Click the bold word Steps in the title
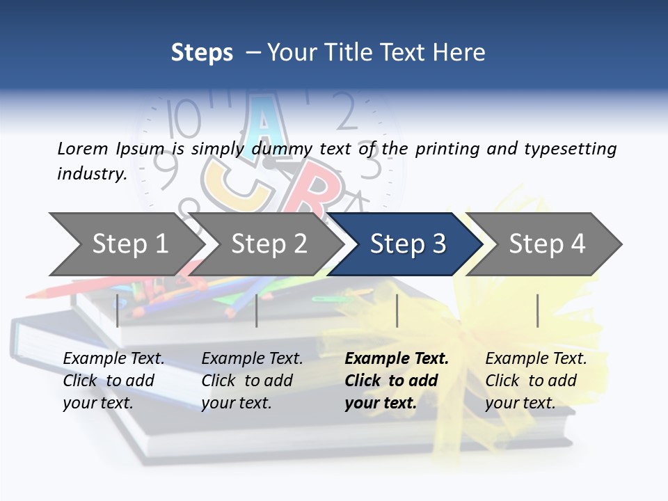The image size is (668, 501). click(202, 53)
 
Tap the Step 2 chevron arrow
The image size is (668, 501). click(269, 244)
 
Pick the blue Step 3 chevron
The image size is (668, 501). click(408, 244)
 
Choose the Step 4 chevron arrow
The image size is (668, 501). click(547, 244)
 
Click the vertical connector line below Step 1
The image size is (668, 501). click(118, 310)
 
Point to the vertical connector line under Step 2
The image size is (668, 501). click(257, 310)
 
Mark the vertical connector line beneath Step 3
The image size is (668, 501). click(397, 310)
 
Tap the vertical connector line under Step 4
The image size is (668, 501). click(537, 310)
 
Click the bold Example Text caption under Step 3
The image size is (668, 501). click(397, 380)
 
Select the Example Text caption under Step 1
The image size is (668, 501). click(113, 380)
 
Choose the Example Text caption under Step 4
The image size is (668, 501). click(536, 380)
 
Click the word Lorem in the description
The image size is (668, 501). click(82, 148)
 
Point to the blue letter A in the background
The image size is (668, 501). click(262, 122)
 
